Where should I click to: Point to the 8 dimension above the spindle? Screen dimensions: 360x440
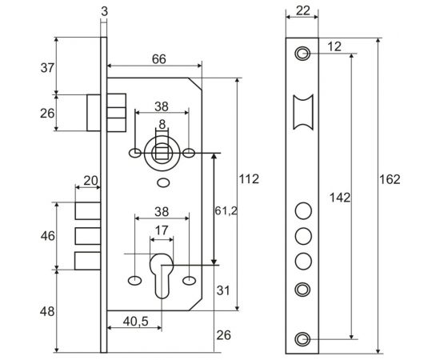162,124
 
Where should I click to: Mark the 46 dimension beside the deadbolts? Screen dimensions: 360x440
46,237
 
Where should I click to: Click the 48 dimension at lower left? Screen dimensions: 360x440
46,310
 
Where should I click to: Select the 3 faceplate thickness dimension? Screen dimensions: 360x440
105,10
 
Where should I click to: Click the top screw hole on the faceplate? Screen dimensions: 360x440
302,54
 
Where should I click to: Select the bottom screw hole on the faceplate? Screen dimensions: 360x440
302,338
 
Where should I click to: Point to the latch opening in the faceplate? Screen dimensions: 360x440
302,111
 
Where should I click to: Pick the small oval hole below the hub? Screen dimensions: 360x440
163,183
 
